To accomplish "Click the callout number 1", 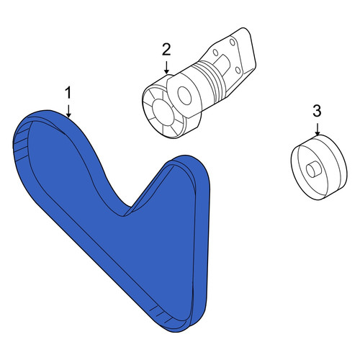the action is click(x=68, y=93).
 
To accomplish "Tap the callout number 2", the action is click(x=166, y=50).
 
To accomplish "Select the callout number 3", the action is click(x=318, y=111).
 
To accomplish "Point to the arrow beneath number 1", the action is click(x=69, y=111).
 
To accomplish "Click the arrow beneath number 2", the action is click(x=166, y=68).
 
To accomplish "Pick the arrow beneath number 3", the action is click(x=318, y=129).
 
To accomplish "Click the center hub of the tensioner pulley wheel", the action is click(x=161, y=113).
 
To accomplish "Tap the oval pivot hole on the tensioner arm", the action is click(x=184, y=96).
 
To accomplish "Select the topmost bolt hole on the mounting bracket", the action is click(x=232, y=42).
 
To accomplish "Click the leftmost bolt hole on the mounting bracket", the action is click(x=215, y=53).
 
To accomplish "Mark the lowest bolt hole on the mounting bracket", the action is click(x=238, y=71).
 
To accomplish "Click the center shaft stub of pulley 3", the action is click(x=313, y=170).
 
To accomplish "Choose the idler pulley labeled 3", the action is click(x=319, y=168).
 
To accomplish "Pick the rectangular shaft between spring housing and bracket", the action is click(x=223, y=63).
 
